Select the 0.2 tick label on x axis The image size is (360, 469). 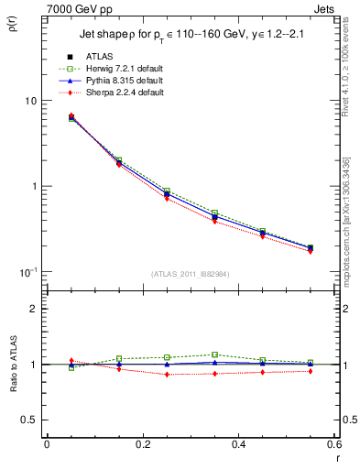[141, 444]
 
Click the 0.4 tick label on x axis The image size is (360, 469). [237, 444]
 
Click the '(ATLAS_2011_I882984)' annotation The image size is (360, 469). [191, 273]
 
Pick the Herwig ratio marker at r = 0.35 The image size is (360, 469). [214, 354]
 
